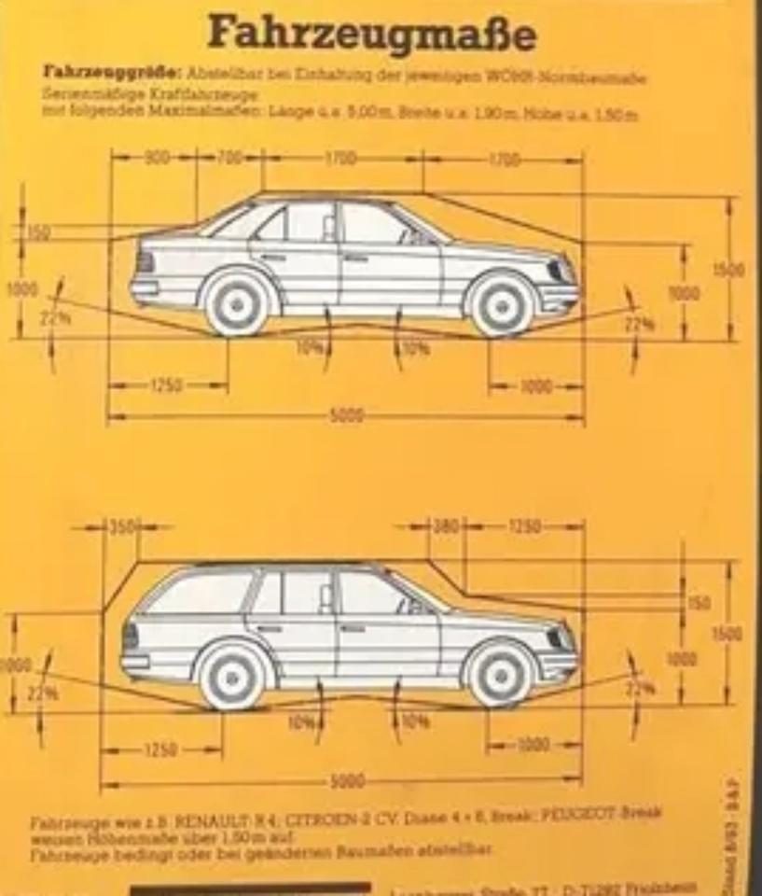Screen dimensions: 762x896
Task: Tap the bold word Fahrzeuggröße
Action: click(114, 72)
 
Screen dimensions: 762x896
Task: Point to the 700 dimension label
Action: click(229, 158)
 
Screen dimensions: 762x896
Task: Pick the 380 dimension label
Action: click(447, 527)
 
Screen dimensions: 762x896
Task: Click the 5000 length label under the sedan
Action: click(347, 415)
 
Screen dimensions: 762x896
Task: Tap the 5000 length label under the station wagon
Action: click(347, 780)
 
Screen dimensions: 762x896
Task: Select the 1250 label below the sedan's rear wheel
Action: click(165, 385)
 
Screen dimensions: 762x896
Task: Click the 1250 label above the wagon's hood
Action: click(525, 527)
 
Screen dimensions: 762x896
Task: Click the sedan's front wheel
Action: click(502, 303)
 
